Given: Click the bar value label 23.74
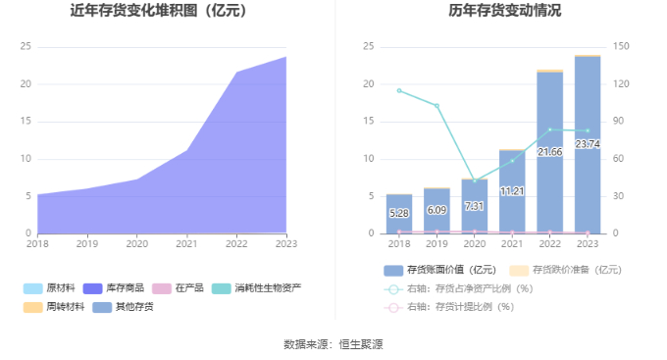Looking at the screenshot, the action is point(588,144).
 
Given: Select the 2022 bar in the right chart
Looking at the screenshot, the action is point(549,152).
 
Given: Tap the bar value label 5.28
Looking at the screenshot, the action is point(399,213).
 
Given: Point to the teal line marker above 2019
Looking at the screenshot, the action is point(436,106).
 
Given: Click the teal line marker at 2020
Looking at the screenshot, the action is point(475,180).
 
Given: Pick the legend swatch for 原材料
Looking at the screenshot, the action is point(32,288).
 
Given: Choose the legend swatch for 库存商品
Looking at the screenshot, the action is point(93,288).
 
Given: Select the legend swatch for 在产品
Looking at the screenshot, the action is point(162,288).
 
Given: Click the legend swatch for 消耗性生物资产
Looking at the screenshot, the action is point(222,288).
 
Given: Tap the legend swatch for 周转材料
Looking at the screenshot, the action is point(32,307).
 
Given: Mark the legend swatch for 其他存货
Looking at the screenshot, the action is point(102,307).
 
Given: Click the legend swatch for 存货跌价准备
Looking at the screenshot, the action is point(519,270).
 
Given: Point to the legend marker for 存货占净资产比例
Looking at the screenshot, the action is point(393,289).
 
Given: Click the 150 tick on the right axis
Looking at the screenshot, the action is point(621,46).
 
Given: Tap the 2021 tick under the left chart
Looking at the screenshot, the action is point(186,244).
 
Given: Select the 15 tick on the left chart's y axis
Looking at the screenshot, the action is point(26,122).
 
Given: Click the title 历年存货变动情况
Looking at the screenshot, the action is point(505,10).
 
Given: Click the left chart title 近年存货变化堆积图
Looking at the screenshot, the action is point(134,10).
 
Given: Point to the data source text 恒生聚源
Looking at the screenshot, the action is point(361,344).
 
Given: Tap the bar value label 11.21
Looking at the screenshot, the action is point(512,191).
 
